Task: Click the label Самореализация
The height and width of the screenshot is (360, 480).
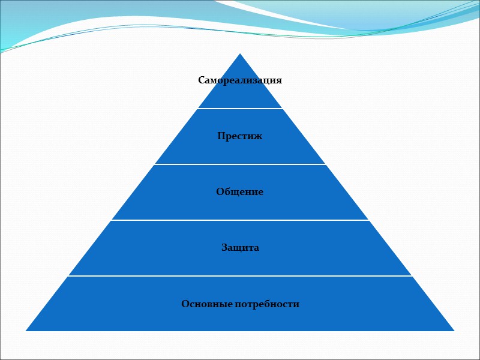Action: [240, 80]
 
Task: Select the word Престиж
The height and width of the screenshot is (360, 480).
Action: [240, 136]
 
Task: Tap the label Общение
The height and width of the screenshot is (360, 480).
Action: [240, 192]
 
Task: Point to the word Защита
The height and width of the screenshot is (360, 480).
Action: [240, 247]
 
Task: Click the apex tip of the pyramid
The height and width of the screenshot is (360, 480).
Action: [240, 54]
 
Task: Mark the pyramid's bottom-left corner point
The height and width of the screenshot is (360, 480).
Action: [26, 331]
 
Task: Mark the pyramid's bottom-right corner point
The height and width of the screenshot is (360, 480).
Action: [454, 331]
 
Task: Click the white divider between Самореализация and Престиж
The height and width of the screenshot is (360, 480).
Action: [240, 109]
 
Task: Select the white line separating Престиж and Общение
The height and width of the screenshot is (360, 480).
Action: [240, 164]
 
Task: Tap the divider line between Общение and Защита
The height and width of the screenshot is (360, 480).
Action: [240, 220]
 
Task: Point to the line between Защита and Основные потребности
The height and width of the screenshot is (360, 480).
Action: [240, 276]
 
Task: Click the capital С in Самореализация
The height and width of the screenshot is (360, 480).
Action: [202, 80]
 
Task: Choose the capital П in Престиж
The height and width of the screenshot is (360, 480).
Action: [221, 136]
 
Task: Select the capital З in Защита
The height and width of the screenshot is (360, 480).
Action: [224, 247]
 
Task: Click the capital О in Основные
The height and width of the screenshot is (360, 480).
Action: [185, 304]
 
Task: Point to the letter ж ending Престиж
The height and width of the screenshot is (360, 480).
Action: [259, 136]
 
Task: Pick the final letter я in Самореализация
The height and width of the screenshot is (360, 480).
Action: [279, 80]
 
